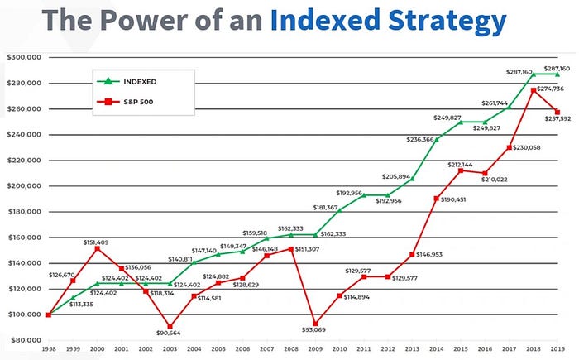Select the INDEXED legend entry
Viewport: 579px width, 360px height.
pos(141,81)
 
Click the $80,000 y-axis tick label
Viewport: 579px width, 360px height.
pos(23,340)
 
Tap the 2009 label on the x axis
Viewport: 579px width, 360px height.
pos(314,350)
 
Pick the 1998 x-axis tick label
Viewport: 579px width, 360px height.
pos(49,350)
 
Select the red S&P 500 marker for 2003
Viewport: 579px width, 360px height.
pos(170,327)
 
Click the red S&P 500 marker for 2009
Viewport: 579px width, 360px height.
pos(314,324)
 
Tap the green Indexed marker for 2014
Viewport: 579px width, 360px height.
pos(436,139)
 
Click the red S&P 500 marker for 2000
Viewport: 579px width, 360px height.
pos(98,248)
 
